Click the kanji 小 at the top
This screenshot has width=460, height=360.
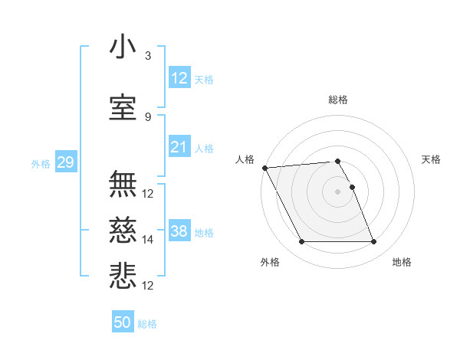pos(123,47)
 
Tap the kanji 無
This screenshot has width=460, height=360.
pos(123,185)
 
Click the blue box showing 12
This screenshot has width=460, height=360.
pos(179,78)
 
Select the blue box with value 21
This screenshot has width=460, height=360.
pos(179,147)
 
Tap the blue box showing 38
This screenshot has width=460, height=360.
pos(179,231)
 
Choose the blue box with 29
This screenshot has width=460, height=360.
pos(65,162)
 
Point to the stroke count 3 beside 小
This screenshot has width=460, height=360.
pos(148,56)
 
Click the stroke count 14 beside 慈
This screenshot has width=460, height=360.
pos(148,240)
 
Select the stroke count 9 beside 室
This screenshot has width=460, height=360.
pos(148,116)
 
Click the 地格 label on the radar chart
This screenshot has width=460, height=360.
pos(402,262)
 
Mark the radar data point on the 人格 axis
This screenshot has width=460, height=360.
pos(264,169)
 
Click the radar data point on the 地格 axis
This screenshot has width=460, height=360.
pos(374,242)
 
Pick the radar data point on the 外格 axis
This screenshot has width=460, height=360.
pos(301,242)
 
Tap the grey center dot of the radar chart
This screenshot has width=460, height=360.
pos(337,191)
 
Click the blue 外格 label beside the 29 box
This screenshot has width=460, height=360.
pos(40,163)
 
